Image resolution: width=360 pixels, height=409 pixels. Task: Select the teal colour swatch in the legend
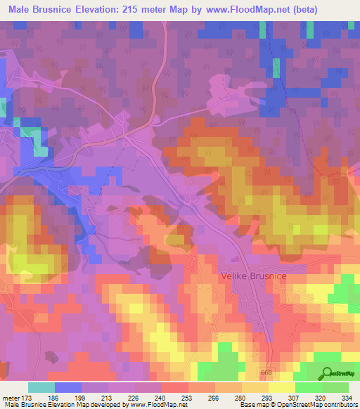(x=41, y=388)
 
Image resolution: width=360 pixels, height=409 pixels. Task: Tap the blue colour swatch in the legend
(x=68, y=388)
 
